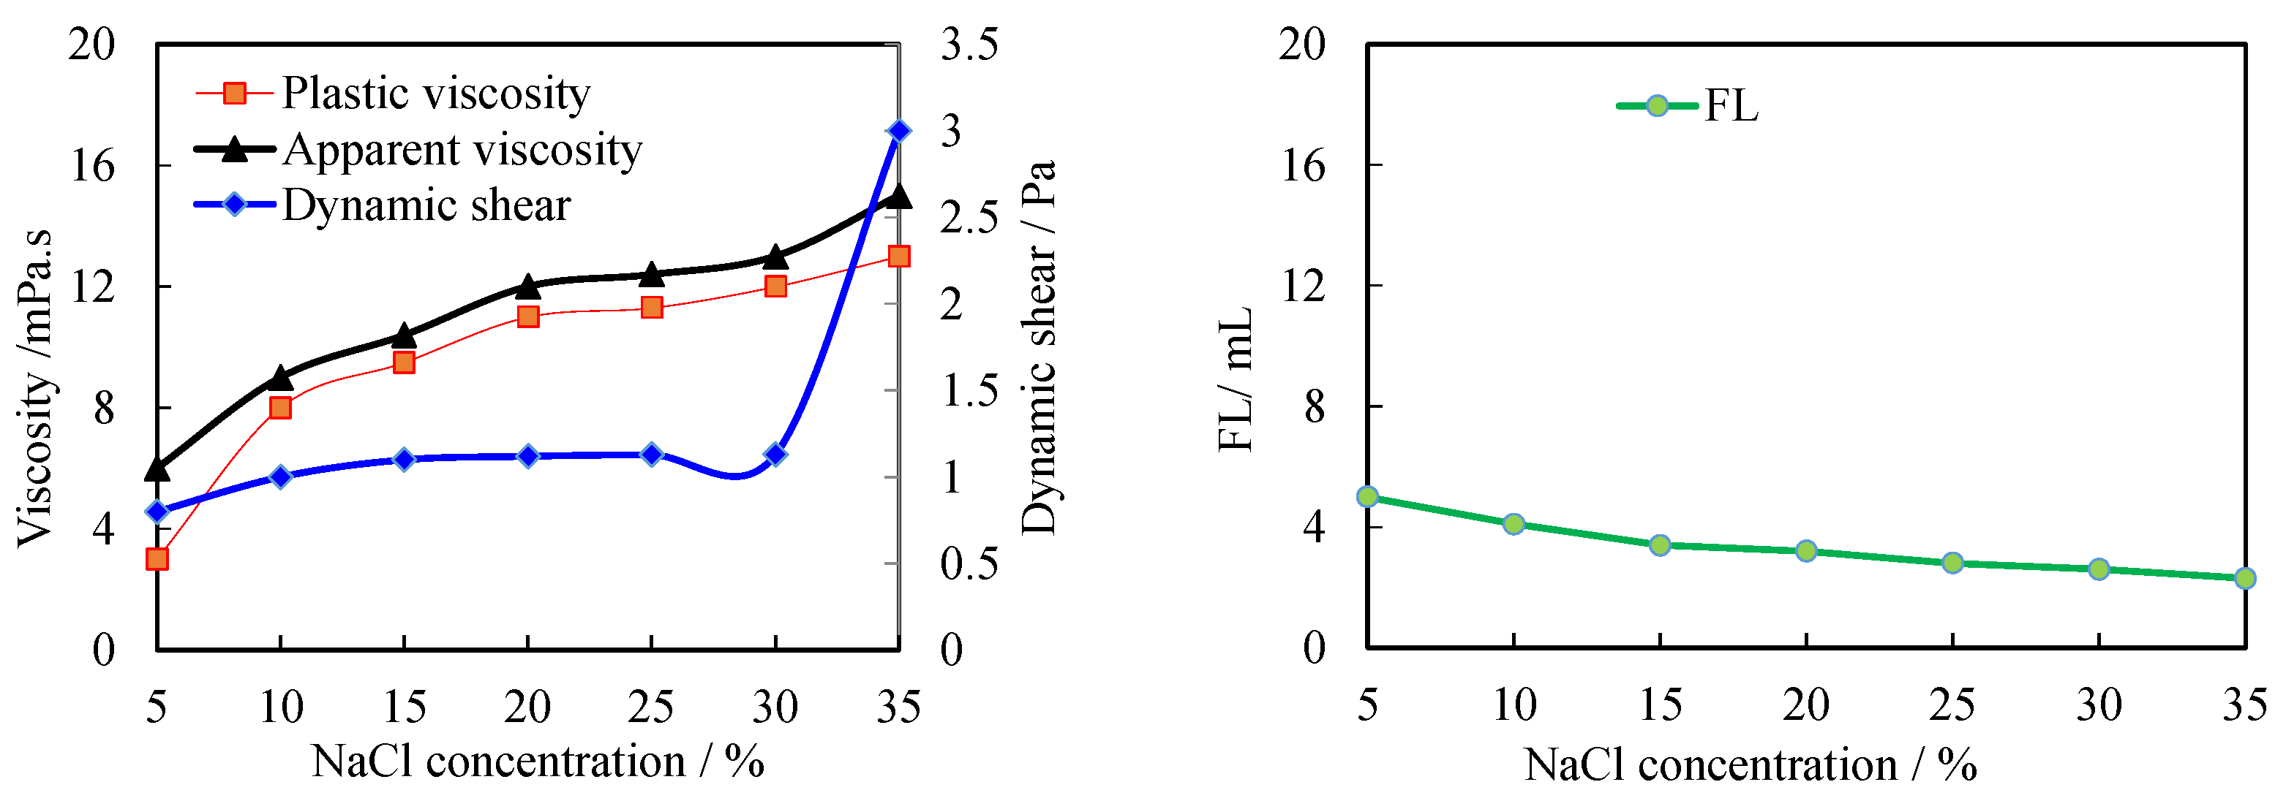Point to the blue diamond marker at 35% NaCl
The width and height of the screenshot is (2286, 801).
[x=898, y=132]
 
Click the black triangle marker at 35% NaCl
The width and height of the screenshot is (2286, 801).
[x=898, y=196]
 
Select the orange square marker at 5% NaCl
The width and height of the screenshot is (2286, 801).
[x=157, y=558]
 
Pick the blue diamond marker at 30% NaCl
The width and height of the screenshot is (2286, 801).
[x=775, y=454]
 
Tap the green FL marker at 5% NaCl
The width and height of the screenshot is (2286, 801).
[x=1367, y=496]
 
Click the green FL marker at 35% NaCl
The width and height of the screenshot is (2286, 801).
[x=2244, y=578]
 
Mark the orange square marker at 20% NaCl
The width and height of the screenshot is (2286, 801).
[x=528, y=316]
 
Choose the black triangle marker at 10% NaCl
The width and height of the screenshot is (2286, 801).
[x=280, y=378]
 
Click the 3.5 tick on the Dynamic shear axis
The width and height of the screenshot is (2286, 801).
[x=969, y=45]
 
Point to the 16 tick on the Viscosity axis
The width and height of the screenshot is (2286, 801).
[x=92, y=166]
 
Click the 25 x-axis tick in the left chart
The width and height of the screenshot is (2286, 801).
[x=651, y=707]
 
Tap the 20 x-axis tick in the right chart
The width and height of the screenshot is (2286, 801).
[x=1806, y=705]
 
